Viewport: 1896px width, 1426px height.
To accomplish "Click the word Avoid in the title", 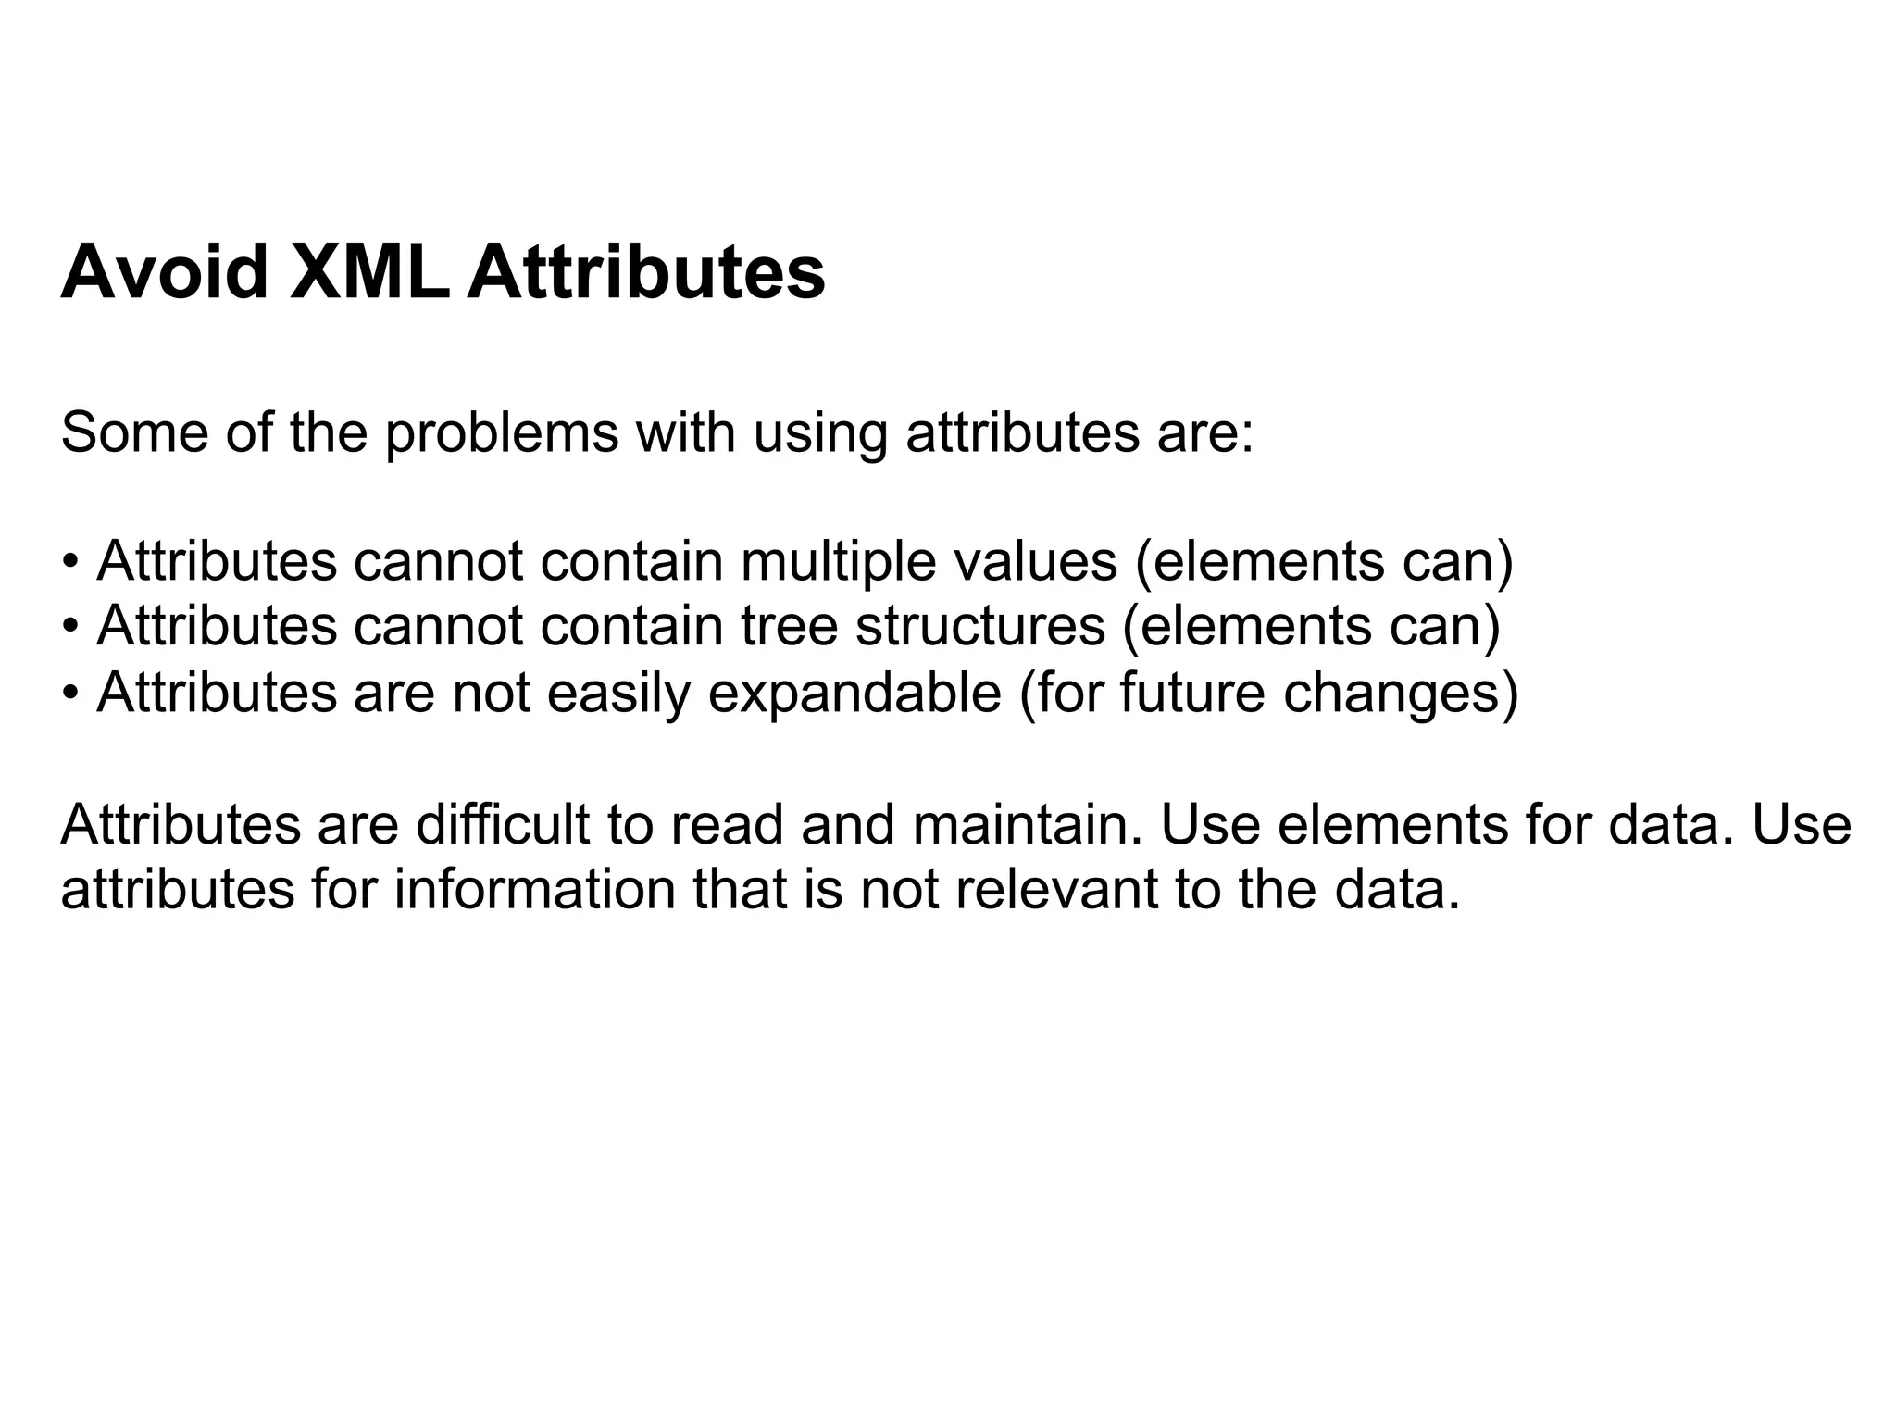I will click(x=164, y=272).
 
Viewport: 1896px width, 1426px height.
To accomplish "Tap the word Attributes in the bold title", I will click(x=645, y=272).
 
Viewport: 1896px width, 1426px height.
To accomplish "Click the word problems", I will click(x=501, y=433).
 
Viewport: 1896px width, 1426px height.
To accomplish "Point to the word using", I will click(x=819, y=433).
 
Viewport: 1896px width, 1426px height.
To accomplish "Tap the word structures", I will click(x=980, y=626).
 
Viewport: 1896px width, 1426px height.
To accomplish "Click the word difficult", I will click(x=503, y=824).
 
